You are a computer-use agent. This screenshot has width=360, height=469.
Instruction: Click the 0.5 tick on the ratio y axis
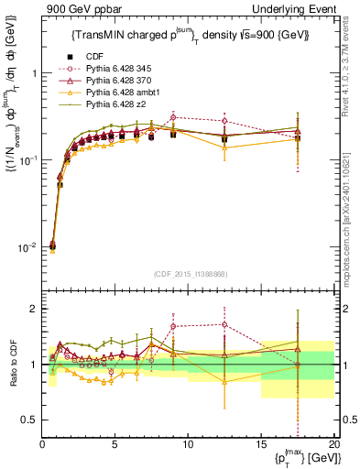pos(27,420)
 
